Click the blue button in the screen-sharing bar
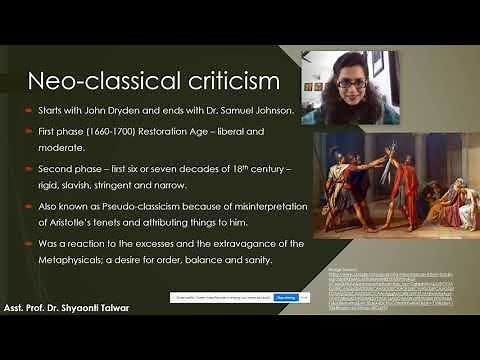coord(285,297)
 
